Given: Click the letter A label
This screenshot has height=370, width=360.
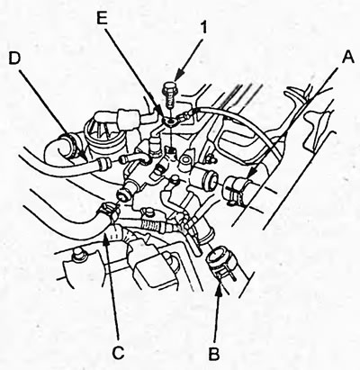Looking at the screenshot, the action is pyautogui.click(x=347, y=57).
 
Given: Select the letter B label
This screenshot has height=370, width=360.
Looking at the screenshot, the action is pyautogui.click(x=214, y=354).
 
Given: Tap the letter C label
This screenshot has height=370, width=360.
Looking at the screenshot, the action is pyautogui.click(x=119, y=353).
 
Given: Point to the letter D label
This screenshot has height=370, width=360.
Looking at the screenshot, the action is pyautogui.click(x=14, y=59).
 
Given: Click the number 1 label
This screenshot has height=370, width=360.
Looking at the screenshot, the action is pyautogui.click(x=203, y=27).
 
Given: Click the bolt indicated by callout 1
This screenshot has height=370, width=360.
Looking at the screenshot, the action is pyautogui.click(x=169, y=94).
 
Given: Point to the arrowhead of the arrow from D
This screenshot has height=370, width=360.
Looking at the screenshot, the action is pyautogui.click(x=84, y=156).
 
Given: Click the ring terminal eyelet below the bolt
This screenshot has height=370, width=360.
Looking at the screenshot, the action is pyautogui.click(x=171, y=122).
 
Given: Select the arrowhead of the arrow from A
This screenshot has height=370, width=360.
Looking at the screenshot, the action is pyautogui.click(x=253, y=175).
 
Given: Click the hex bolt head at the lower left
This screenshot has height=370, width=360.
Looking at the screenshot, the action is pyautogui.click(x=79, y=255).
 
